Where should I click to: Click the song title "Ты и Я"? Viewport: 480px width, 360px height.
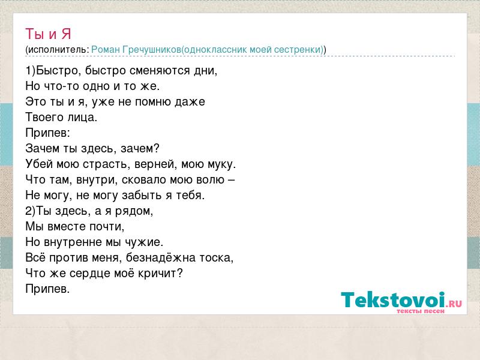click(x=48, y=34)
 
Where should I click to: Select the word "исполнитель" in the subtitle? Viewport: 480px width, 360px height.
click(x=57, y=50)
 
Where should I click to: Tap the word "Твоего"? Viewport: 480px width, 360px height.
click(x=44, y=117)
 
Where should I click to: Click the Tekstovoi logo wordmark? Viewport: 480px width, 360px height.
click(x=393, y=300)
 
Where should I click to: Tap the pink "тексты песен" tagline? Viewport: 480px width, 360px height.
click(x=421, y=311)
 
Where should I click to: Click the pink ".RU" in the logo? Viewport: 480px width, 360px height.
click(x=454, y=304)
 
